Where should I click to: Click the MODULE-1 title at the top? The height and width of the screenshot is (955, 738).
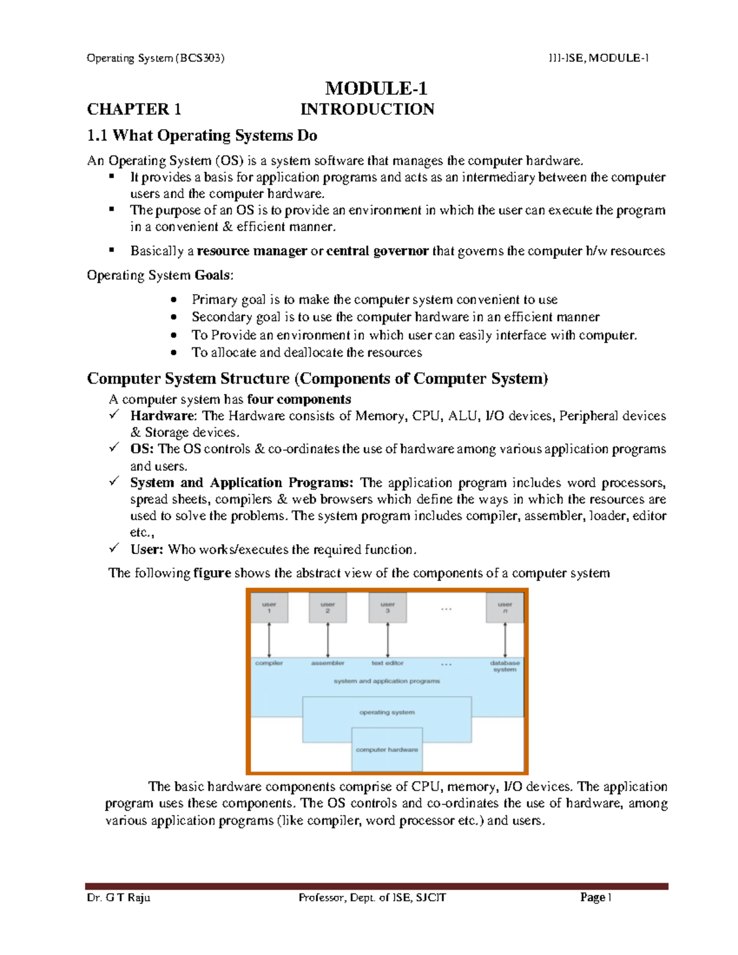pyautogui.click(x=376, y=89)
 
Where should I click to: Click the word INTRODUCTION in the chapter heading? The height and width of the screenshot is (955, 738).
pyautogui.click(x=367, y=109)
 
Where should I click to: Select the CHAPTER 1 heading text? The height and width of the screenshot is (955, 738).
pyautogui.click(x=134, y=109)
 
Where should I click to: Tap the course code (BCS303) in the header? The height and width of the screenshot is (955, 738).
pyautogui.click(x=200, y=58)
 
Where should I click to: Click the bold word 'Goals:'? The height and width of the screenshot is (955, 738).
pyautogui.click(x=214, y=275)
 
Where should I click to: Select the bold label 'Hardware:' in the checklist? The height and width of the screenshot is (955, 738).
pyautogui.click(x=164, y=416)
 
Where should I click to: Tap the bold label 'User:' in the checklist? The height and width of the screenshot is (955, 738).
pyautogui.click(x=146, y=549)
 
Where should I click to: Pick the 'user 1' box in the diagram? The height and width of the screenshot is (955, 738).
pyautogui.click(x=269, y=608)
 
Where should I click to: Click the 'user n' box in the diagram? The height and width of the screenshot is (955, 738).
pyautogui.click(x=505, y=608)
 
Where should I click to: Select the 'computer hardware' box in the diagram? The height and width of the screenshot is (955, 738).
pyautogui.click(x=387, y=750)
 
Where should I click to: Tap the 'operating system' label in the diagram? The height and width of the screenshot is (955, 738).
pyautogui.click(x=387, y=712)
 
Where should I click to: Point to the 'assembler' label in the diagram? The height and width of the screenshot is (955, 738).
pyautogui.click(x=328, y=663)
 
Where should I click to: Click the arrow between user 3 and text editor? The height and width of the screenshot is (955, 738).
pyautogui.click(x=387, y=640)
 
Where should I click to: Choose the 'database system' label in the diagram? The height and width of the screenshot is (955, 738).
pyautogui.click(x=505, y=666)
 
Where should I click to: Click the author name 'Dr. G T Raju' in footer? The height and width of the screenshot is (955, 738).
pyautogui.click(x=119, y=897)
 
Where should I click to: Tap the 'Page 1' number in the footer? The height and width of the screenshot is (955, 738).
pyautogui.click(x=595, y=897)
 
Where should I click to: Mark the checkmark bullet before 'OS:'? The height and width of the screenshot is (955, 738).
pyautogui.click(x=114, y=448)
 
